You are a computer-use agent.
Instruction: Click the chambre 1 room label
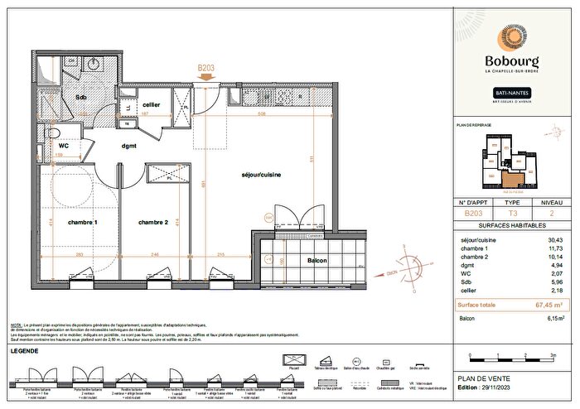(84, 223)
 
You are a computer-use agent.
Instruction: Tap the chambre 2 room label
(154, 223)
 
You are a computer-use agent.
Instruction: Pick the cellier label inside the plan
(151, 104)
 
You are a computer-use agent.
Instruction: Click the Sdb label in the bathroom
(80, 96)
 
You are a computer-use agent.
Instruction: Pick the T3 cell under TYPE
(512, 213)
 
